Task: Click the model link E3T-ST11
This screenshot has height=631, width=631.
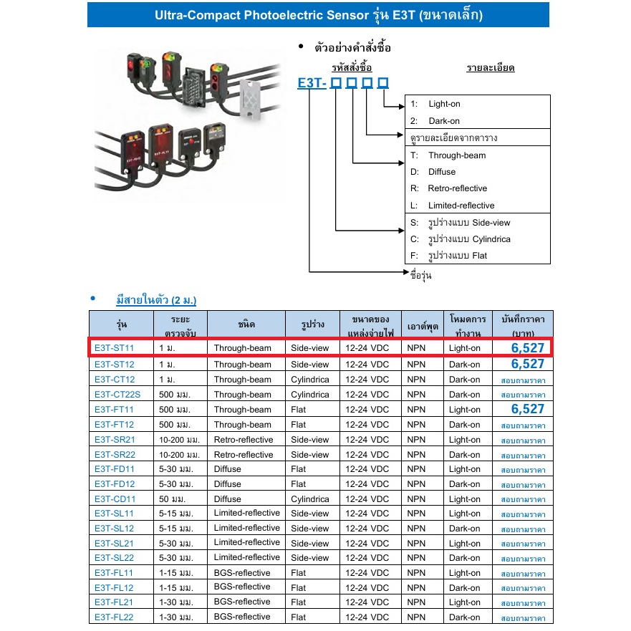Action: (x=114, y=348)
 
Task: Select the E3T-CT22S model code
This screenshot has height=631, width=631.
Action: (x=117, y=395)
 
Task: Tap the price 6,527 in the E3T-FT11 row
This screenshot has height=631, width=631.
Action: (x=528, y=409)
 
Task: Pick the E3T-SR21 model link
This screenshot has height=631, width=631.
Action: (x=114, y=439)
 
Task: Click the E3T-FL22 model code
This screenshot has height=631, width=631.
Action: (x=114, y=617)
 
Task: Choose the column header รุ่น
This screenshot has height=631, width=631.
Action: (x=120, y=324)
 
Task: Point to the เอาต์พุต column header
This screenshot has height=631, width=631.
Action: (x=422, y=324)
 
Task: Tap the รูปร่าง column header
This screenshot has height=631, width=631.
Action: (x=313, y=324)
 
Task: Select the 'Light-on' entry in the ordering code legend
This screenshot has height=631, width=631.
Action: (x=444, y=104)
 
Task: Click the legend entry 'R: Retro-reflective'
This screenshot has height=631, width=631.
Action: (x=448, y=188)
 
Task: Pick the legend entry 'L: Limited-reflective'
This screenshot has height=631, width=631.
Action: (x=452, y=206)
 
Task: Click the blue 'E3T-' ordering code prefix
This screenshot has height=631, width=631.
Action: (x=312, y=84)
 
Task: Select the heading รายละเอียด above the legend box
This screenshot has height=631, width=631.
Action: (x=490, y=68)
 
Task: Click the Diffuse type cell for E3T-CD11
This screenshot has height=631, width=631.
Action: (x=228, y=499)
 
